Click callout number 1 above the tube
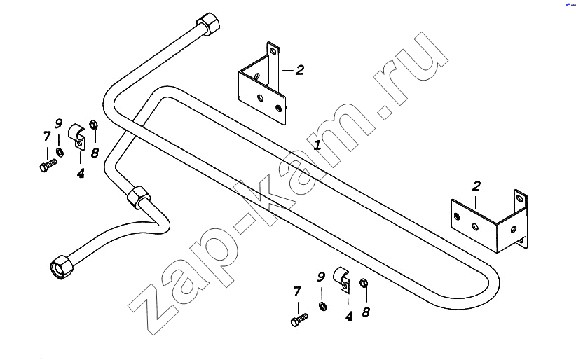(317, 145)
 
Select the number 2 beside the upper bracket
(300, 70)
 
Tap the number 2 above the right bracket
(476, 186)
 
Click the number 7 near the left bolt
(47, 137)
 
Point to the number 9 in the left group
(58, 123)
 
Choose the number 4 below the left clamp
(81, 173)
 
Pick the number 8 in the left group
(95, 153)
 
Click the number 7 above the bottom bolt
(297, 291)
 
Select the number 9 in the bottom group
(321, 277)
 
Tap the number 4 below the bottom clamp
(349, 316)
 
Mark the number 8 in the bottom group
(366, 312)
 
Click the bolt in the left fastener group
(48, 165)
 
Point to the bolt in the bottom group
(299, 319)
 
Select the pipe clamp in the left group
(76, 137)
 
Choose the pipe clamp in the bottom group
(342, 280)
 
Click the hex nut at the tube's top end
(209, 24)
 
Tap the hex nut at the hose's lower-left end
(62, 267)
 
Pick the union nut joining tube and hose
(139, 198)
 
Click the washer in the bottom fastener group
(322, 306)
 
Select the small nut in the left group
(93, 124)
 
